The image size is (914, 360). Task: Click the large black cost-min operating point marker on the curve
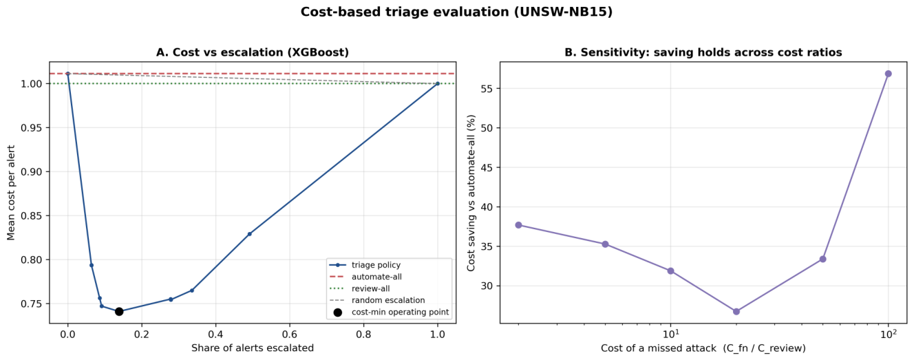pos(119,311)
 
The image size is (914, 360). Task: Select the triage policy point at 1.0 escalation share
pos(438,84)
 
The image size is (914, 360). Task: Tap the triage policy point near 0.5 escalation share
pos(250,234)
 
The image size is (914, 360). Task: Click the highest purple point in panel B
pos(889,74)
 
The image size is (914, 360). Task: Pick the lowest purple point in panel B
pos(736,311)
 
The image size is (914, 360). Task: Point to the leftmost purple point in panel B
pos(519,225)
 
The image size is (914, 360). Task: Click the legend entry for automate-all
pos(365,277)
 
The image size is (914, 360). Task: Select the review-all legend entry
pos(359,288)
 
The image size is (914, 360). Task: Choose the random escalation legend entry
pos(377,300)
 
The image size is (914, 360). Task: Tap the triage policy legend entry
pos(365,265)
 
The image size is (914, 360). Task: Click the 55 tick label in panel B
pos(489,89)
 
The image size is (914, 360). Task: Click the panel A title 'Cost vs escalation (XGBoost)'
pos(253,52)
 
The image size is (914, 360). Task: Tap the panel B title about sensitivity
pos(703,52)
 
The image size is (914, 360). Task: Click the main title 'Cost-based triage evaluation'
pos(456,12)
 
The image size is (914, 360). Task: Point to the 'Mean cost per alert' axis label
pos(10,193)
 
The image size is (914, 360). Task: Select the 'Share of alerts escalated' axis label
pos(253,348)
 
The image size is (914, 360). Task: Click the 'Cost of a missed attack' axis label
pos(703,348)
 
